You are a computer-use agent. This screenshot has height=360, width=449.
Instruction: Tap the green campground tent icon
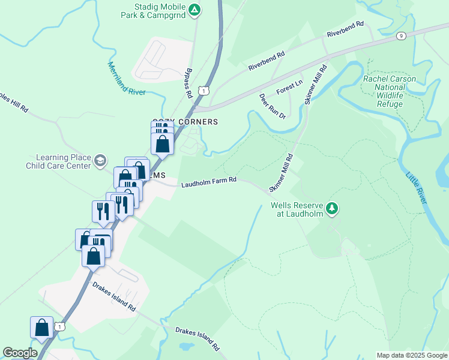point(194,10)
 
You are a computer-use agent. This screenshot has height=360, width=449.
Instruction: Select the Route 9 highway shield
point(401,36)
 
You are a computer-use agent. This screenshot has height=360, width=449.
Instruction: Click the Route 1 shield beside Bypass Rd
point(205,91)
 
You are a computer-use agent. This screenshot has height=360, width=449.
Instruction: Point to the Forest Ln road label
point(289,88)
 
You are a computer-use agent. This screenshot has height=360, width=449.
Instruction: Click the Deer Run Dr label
point(272,106)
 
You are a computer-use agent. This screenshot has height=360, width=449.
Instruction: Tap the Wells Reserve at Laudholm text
point(297,209)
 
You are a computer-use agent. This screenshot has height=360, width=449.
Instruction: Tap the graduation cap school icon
point(100,161)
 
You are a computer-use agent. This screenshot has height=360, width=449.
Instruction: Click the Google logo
point(20,353)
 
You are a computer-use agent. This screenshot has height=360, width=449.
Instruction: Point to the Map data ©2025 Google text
point(411,355)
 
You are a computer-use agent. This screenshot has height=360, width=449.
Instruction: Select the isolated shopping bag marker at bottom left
point(42,328)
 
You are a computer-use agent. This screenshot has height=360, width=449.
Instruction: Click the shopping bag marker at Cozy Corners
point(162,144)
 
